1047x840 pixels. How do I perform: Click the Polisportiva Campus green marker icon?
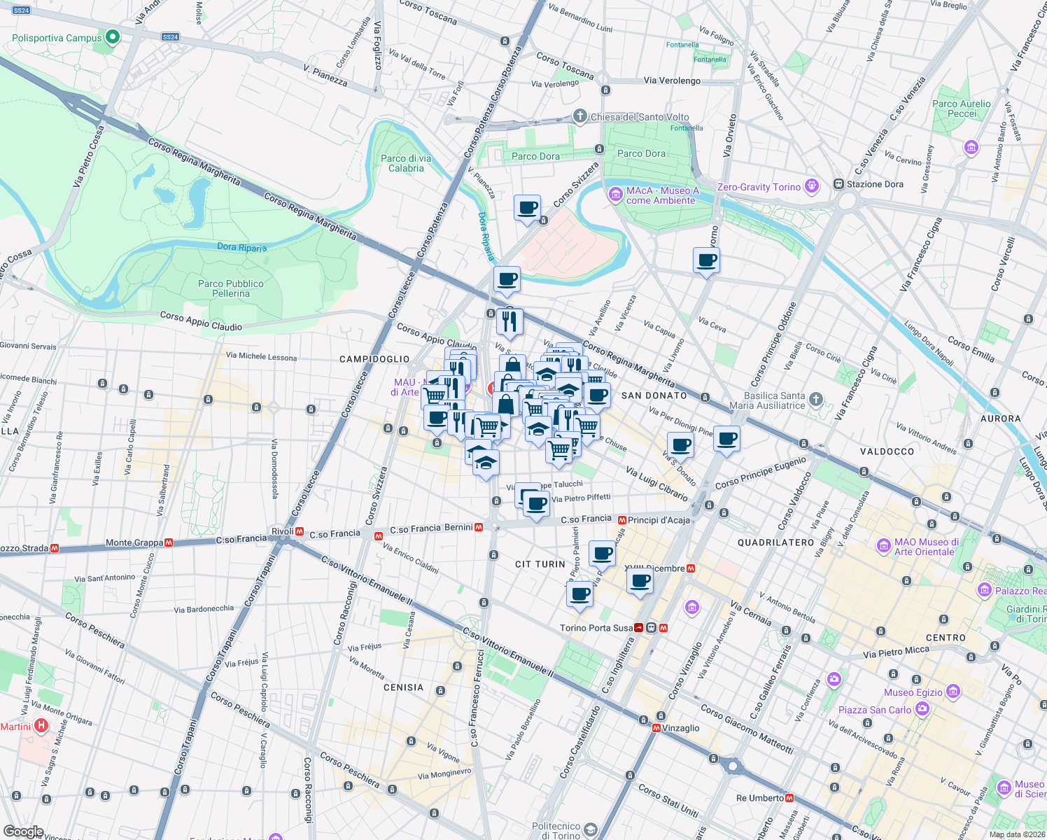(x=113, y=37)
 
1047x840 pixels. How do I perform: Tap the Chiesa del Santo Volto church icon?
(x=579, y=116)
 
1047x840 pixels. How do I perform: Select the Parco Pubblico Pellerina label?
(x=231, y=288)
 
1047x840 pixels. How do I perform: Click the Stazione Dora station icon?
(x=838, y=184)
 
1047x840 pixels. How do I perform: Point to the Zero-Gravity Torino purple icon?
(x=811, y=186)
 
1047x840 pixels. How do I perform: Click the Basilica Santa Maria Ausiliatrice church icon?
(x=815, y=400)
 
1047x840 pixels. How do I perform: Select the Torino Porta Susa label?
(x=596, y=628)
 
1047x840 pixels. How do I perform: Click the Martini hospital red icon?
(x=41, y=726)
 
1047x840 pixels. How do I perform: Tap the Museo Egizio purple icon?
(x=953, y=692)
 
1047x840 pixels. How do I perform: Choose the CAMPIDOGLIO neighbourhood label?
(x=374, y=359)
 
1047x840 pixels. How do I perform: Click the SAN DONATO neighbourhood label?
(x=654, y=395)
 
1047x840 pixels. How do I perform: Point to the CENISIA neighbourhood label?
(x=403, y=687)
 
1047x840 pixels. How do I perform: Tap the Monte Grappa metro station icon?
(x=169, y=542)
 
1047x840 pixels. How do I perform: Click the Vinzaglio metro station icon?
(x=656, y=728)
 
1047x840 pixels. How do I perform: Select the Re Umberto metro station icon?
(x=789, y=798)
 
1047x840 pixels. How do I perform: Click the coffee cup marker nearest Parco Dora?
(x=527, y=208)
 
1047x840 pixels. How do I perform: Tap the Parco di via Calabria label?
(x=406, y=163)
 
